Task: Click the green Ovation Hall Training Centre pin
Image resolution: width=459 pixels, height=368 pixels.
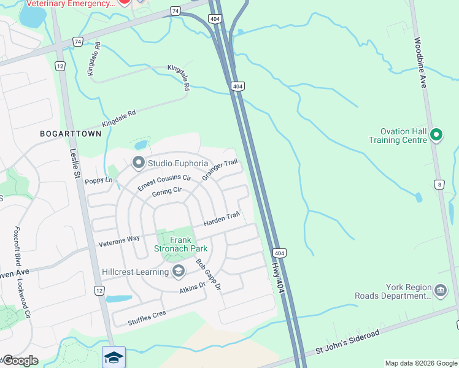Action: (x=436, y=134)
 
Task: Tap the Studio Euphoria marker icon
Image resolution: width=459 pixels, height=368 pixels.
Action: (x=138, y=163)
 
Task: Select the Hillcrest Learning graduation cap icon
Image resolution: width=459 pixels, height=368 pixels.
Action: (x=179, y=271)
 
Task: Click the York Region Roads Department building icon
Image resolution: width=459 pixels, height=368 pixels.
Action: (x=440, y=290)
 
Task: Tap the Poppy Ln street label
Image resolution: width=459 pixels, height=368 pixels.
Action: (x=99, y=180)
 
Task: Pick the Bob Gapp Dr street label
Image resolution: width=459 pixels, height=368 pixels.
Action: (x=208, y=274)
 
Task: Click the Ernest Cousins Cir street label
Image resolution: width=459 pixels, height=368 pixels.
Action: (x=160, y=182)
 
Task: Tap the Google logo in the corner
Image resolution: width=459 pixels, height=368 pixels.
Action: (x=20, y=360)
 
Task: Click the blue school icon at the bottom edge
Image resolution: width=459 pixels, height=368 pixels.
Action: (x=114, y=357)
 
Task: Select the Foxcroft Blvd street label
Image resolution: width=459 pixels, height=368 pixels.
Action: (x=17, y=251)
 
